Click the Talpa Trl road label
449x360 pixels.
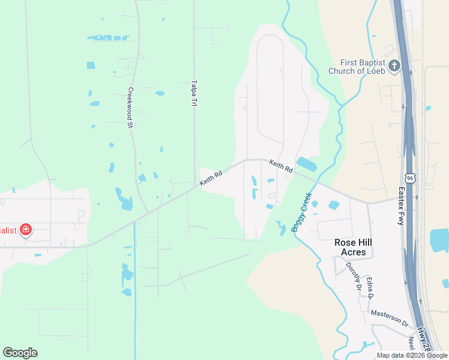[194, 94]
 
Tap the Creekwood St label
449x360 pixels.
[130, 108]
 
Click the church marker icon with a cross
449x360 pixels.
[394, 66]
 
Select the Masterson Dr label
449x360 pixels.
[390, 318]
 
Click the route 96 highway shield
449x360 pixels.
[409, 179]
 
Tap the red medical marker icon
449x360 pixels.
[26, 230]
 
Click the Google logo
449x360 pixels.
[20, 353]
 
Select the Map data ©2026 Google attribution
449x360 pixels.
[412, 355]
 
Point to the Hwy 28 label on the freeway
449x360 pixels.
[425, 340]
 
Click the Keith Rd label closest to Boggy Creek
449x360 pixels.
[280, 166]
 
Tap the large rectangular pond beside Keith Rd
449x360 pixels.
[306, 164]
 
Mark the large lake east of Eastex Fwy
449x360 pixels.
[440, 240]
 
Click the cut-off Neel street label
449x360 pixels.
[412, 344]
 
